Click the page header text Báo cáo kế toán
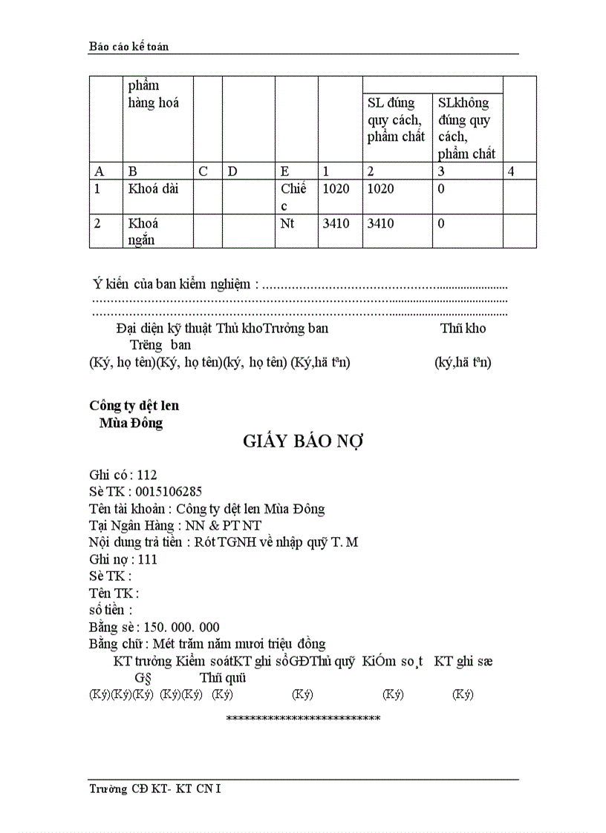point(128,47)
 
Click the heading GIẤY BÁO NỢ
point(302,441)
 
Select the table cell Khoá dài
point(153,189)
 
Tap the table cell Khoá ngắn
point(144,231)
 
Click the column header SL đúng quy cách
point(396,119)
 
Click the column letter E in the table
point(284,171)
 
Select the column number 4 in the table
point(510,171)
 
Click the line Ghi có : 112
point(123,475)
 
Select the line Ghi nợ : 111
point(123,559)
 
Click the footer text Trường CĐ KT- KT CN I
point(154,788)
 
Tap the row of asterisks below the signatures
point(303,719)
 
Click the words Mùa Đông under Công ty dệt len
point(131,423)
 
